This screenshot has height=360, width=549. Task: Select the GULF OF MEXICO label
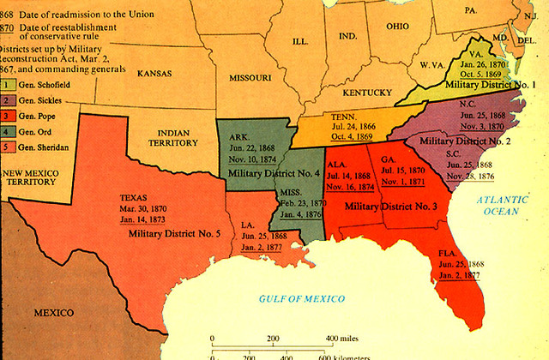(301, 298)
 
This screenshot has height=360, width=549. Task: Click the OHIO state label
(396, 26)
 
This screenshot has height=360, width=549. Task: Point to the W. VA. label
(431, 66)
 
